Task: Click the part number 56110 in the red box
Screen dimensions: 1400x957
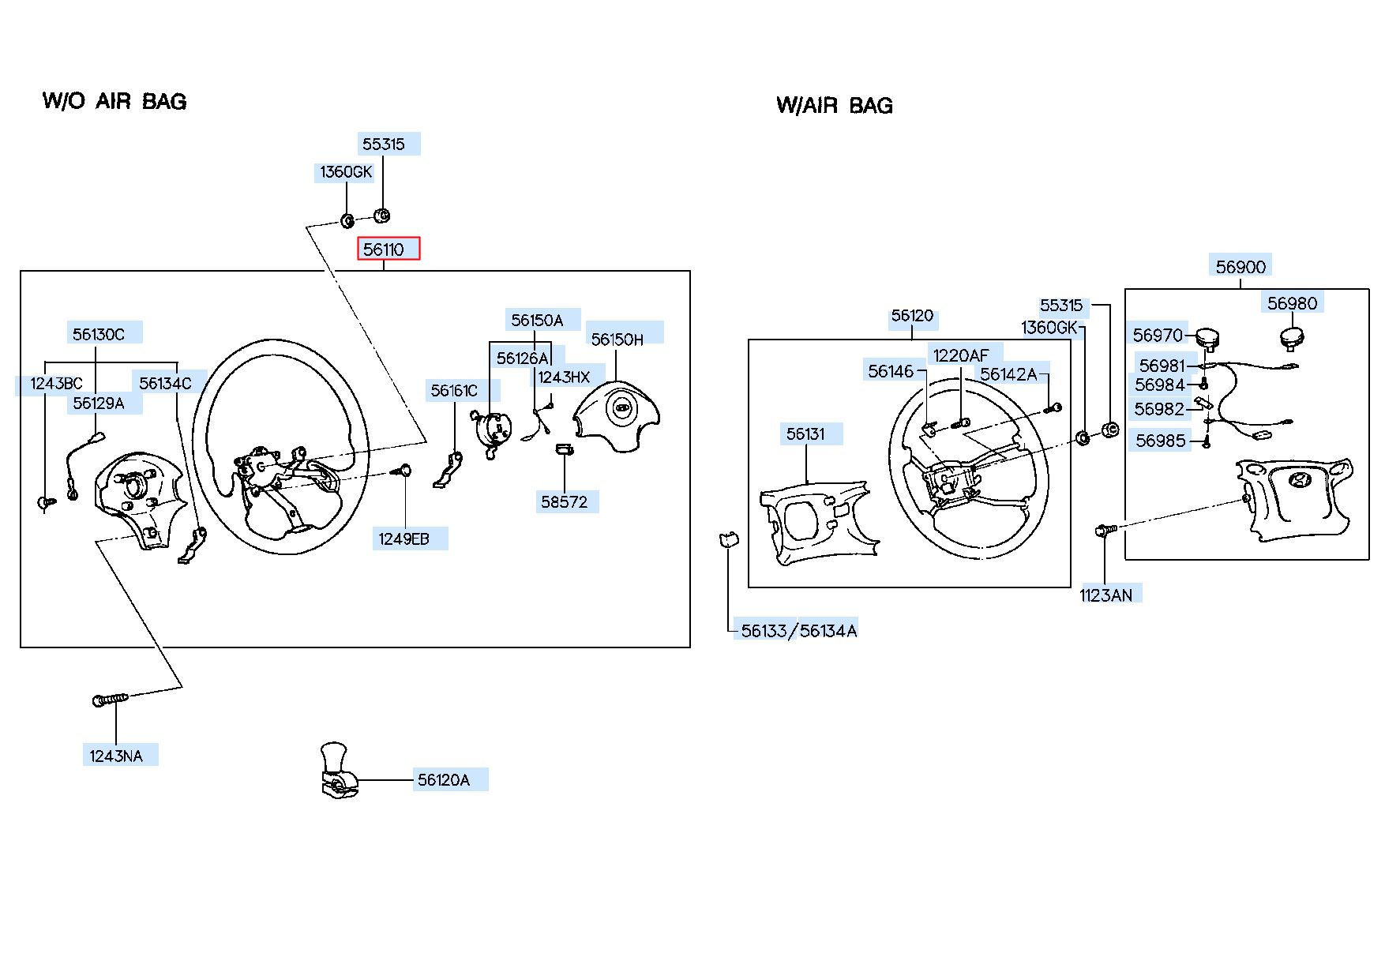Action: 384,250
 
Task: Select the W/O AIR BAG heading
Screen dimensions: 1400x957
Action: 114,102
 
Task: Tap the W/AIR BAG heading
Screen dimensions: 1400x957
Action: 835,106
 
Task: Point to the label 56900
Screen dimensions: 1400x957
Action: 1240,267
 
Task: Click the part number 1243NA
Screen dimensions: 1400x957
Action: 116,756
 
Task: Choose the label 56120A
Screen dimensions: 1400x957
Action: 444,780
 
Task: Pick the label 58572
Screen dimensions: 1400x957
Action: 565,502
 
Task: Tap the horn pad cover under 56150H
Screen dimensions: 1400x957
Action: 617,414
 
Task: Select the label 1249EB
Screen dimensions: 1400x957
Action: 403,539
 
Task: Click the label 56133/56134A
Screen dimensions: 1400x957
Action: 798,631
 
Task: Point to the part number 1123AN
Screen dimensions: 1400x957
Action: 1105,595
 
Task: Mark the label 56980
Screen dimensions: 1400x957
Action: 1293,303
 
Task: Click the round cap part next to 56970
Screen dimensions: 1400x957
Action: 1206,338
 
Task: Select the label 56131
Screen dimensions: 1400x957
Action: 805,434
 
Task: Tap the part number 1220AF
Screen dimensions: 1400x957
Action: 961,356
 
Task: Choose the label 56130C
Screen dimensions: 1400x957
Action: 99,335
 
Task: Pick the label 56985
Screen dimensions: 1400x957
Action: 1161,441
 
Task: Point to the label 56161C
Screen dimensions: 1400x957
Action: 454,391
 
